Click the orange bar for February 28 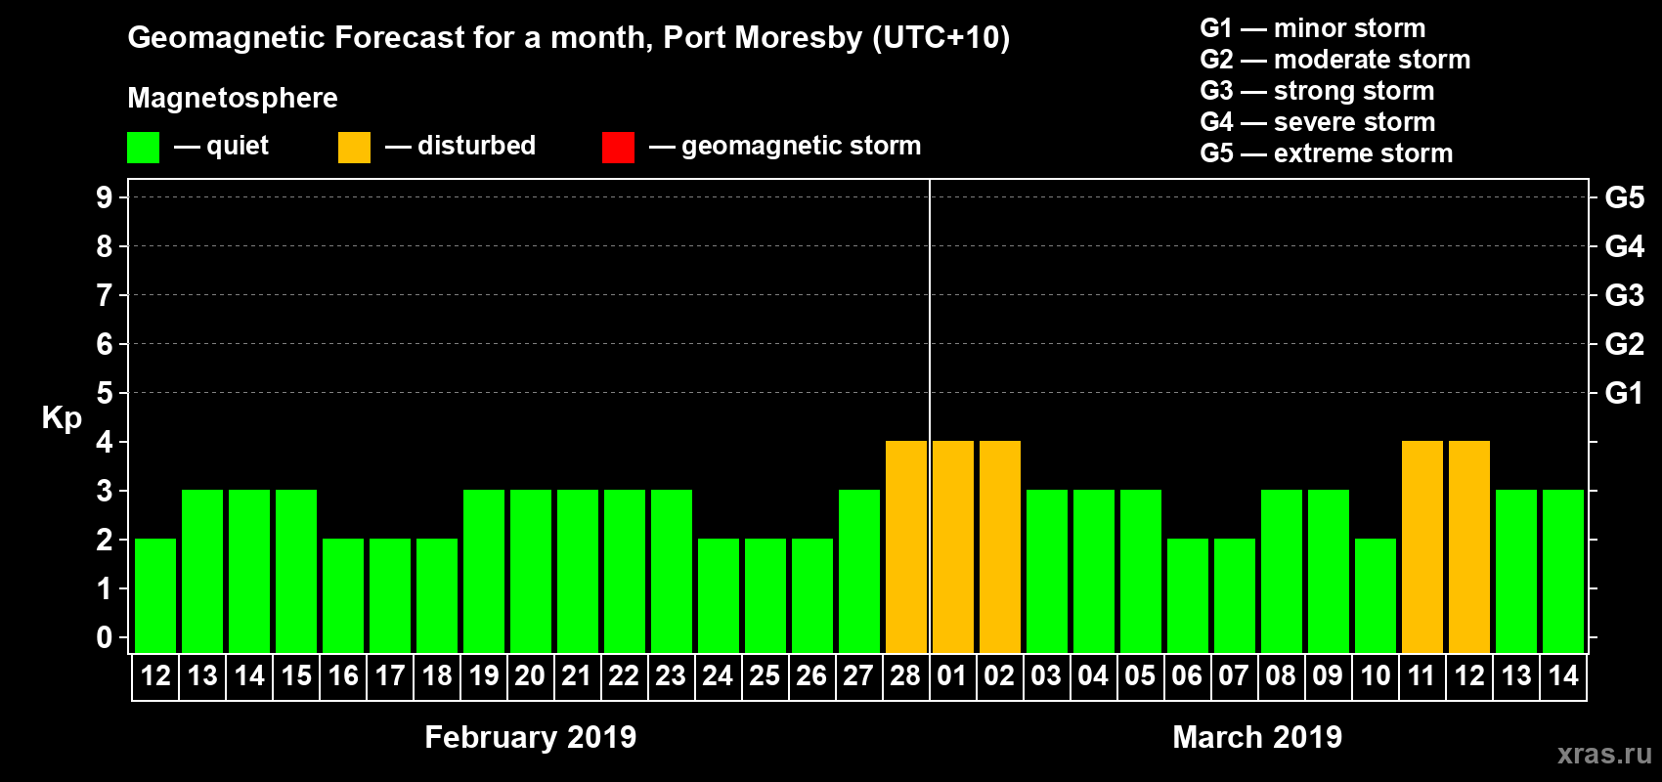906,546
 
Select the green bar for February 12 155,595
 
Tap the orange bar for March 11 1422,546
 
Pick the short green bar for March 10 1376,595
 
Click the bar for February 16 343,595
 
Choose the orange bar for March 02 1000,546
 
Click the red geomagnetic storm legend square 618,148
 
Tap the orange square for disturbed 354,148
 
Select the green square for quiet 143,148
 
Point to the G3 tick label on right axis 1624,295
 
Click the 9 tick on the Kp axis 105,197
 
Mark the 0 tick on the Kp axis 105,637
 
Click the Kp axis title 62,417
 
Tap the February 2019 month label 530,737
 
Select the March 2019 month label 1257,737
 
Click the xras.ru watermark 1604,754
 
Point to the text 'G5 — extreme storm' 1326,153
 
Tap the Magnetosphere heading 233,98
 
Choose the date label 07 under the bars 1234,675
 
